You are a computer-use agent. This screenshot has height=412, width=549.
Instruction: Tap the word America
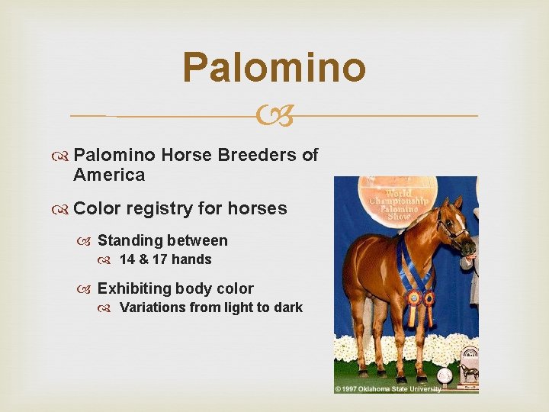click(x=109, y=175)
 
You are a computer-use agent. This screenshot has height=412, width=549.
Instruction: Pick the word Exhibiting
click(x=135, y=289)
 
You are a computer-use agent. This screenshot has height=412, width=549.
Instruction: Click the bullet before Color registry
click(x=63, y=209)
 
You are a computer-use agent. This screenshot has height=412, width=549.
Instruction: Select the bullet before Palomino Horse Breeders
click(x=63, y=156)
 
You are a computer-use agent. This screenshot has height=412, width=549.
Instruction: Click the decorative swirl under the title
click(x=274, y=116)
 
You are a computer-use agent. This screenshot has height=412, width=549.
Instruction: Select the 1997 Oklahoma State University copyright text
click(x=388, y=389)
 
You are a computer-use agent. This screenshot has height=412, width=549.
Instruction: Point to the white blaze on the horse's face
click(x=464, y=229)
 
